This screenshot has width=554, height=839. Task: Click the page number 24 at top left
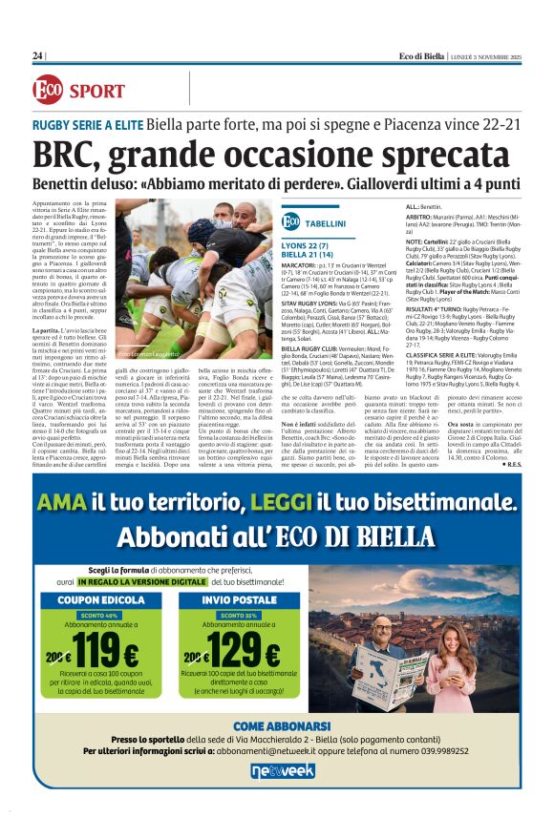click(37, 56)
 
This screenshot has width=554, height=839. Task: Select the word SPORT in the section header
click(96, 92)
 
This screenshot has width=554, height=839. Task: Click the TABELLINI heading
click(327, 222)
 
